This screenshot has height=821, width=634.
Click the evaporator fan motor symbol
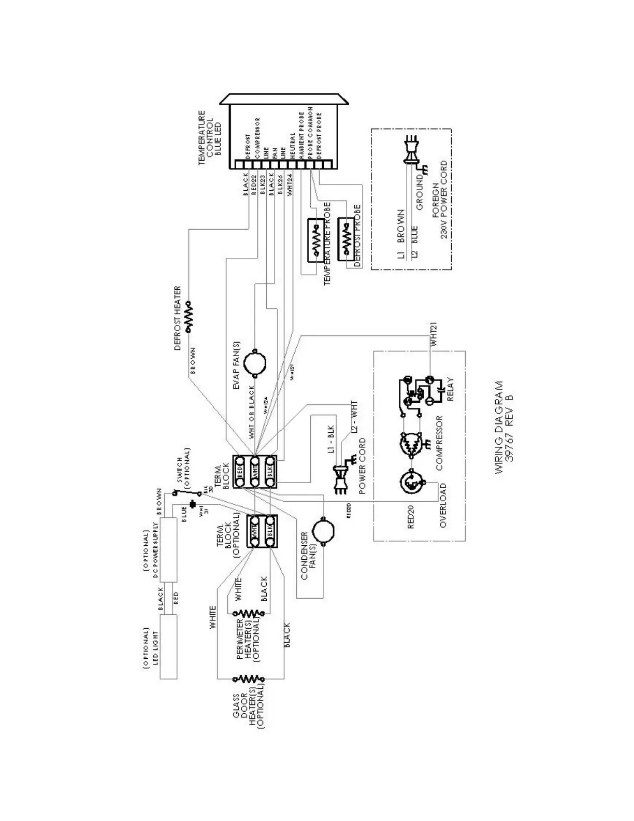pyautogui.click(x=254, y=361)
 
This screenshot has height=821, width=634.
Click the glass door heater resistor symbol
pyautogui.click(x=249, y=678)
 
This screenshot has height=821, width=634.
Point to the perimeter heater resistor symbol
pyautogui.click(x=249, y=614)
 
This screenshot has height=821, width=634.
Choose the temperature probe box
pyautogui.click(x=315, y=240)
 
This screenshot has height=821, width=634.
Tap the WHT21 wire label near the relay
pyautogui.click(x=434, y=334)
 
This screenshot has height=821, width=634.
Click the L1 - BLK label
pyautogui.click(x=332, y=440)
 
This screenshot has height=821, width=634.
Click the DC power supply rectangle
pyautogui.click(x=168, y=549)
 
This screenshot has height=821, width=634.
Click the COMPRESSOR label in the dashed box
pyautogui.click(x=439, y=444)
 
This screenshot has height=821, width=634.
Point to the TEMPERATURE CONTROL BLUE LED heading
pyautogui.click(x=210, y=137)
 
